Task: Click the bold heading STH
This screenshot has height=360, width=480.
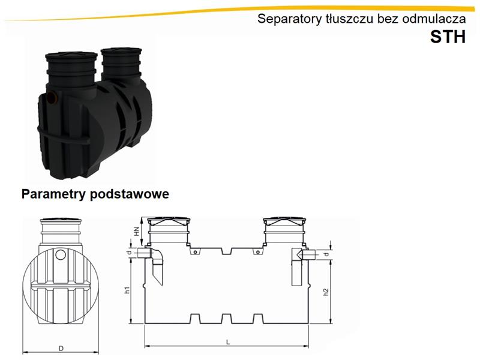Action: click(448, 37)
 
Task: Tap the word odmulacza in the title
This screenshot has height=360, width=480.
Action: click(434, 19)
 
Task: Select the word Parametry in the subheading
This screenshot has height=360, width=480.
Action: click(54, 194)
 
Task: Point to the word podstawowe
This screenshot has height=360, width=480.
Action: click(130, 194)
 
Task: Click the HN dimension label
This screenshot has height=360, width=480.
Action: click(137, 231)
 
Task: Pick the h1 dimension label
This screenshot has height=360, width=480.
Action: click(128, 290)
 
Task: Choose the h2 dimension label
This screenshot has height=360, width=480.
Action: click(326, 292)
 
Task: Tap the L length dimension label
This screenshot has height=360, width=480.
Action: click(228, 342)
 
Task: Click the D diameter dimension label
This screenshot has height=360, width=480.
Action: click(61, 349)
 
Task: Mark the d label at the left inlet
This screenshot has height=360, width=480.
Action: click(130, 253)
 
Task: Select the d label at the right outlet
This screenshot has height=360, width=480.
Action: click(326, 254)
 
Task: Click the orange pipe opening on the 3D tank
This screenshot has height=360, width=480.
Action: click(53, 98)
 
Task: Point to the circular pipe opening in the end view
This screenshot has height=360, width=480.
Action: click(61, 254)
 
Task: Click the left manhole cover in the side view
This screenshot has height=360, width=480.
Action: click(169, 220)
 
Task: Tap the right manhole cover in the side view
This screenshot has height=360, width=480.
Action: click(284, 220)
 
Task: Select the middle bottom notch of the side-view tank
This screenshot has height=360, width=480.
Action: click(227, 319)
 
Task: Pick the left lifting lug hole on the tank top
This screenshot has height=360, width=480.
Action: click(194, 252)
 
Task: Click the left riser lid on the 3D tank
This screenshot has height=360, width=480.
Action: click(71, 56)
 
